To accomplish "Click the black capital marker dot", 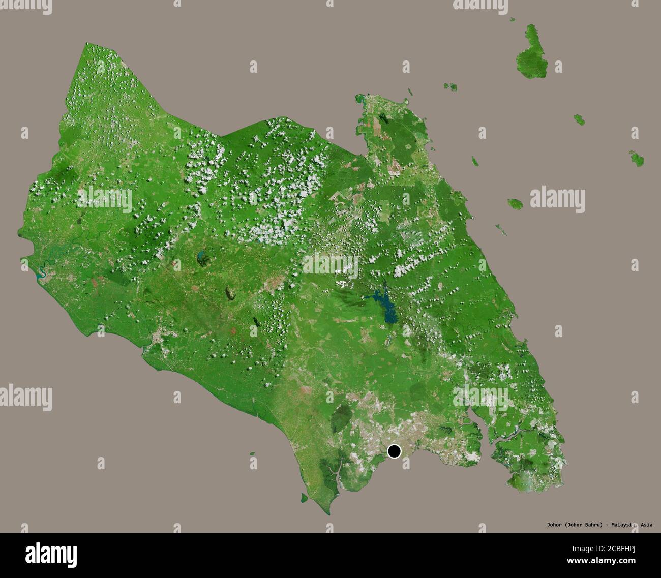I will [394, 451].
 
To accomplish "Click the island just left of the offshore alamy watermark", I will [515, 203].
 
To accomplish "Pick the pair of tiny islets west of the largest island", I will [450, 86].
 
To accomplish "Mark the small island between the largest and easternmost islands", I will [579, 119].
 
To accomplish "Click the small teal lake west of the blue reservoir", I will [201, 254].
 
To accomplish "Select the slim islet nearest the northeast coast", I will [474, 161].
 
